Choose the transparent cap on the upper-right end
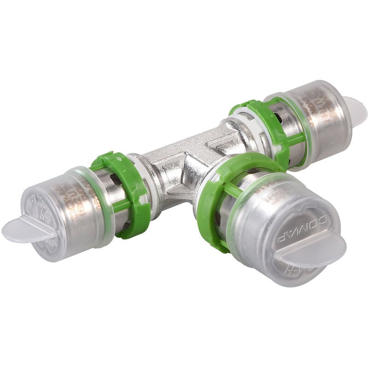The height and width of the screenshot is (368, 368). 317,115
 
